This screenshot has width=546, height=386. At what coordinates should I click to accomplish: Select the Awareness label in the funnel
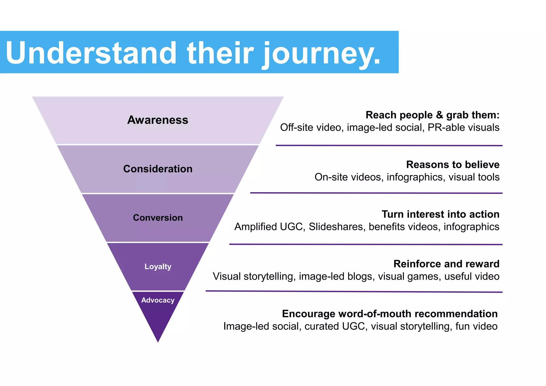[x=158, y=120]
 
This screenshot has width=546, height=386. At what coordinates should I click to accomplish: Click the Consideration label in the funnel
[x=158, y=169]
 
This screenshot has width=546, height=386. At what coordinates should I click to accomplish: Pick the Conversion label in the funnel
[x=158, y=218]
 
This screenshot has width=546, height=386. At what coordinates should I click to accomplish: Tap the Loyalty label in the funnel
[x=158, y=266]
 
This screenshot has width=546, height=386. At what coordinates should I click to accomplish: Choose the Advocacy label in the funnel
[x=158, y=300]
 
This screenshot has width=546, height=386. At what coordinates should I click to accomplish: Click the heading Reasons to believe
[x=453, y=165]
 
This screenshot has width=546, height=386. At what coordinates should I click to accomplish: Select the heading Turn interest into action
[x=440, y=214]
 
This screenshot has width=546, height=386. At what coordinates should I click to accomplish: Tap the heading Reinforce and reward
[x=446, y=264]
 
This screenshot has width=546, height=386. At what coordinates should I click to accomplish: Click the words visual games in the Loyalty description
[x=408, y=277]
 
